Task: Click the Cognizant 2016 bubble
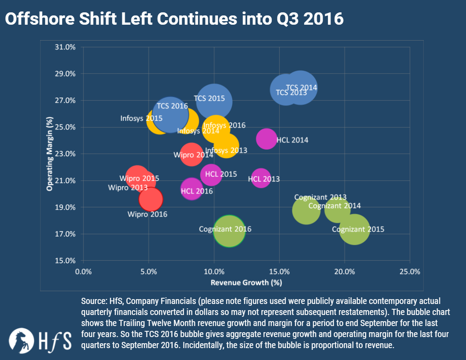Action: point(229,231)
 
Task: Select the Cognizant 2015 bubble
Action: point(354,229)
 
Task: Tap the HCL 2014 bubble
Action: point(266,139)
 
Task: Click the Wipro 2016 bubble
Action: point(151,199)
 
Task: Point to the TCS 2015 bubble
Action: point(214,101)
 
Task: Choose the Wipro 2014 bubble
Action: point(191,154)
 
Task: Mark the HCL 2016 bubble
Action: point(191,189)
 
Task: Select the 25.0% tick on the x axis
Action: point(410,271)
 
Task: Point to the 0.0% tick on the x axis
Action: point(83,271)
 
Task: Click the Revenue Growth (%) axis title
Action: point(246,282)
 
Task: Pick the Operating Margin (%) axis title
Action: point(50,154)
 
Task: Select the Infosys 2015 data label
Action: point(141,118)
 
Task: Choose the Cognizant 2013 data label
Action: point(320,197)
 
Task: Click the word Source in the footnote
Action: point(93,301)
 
